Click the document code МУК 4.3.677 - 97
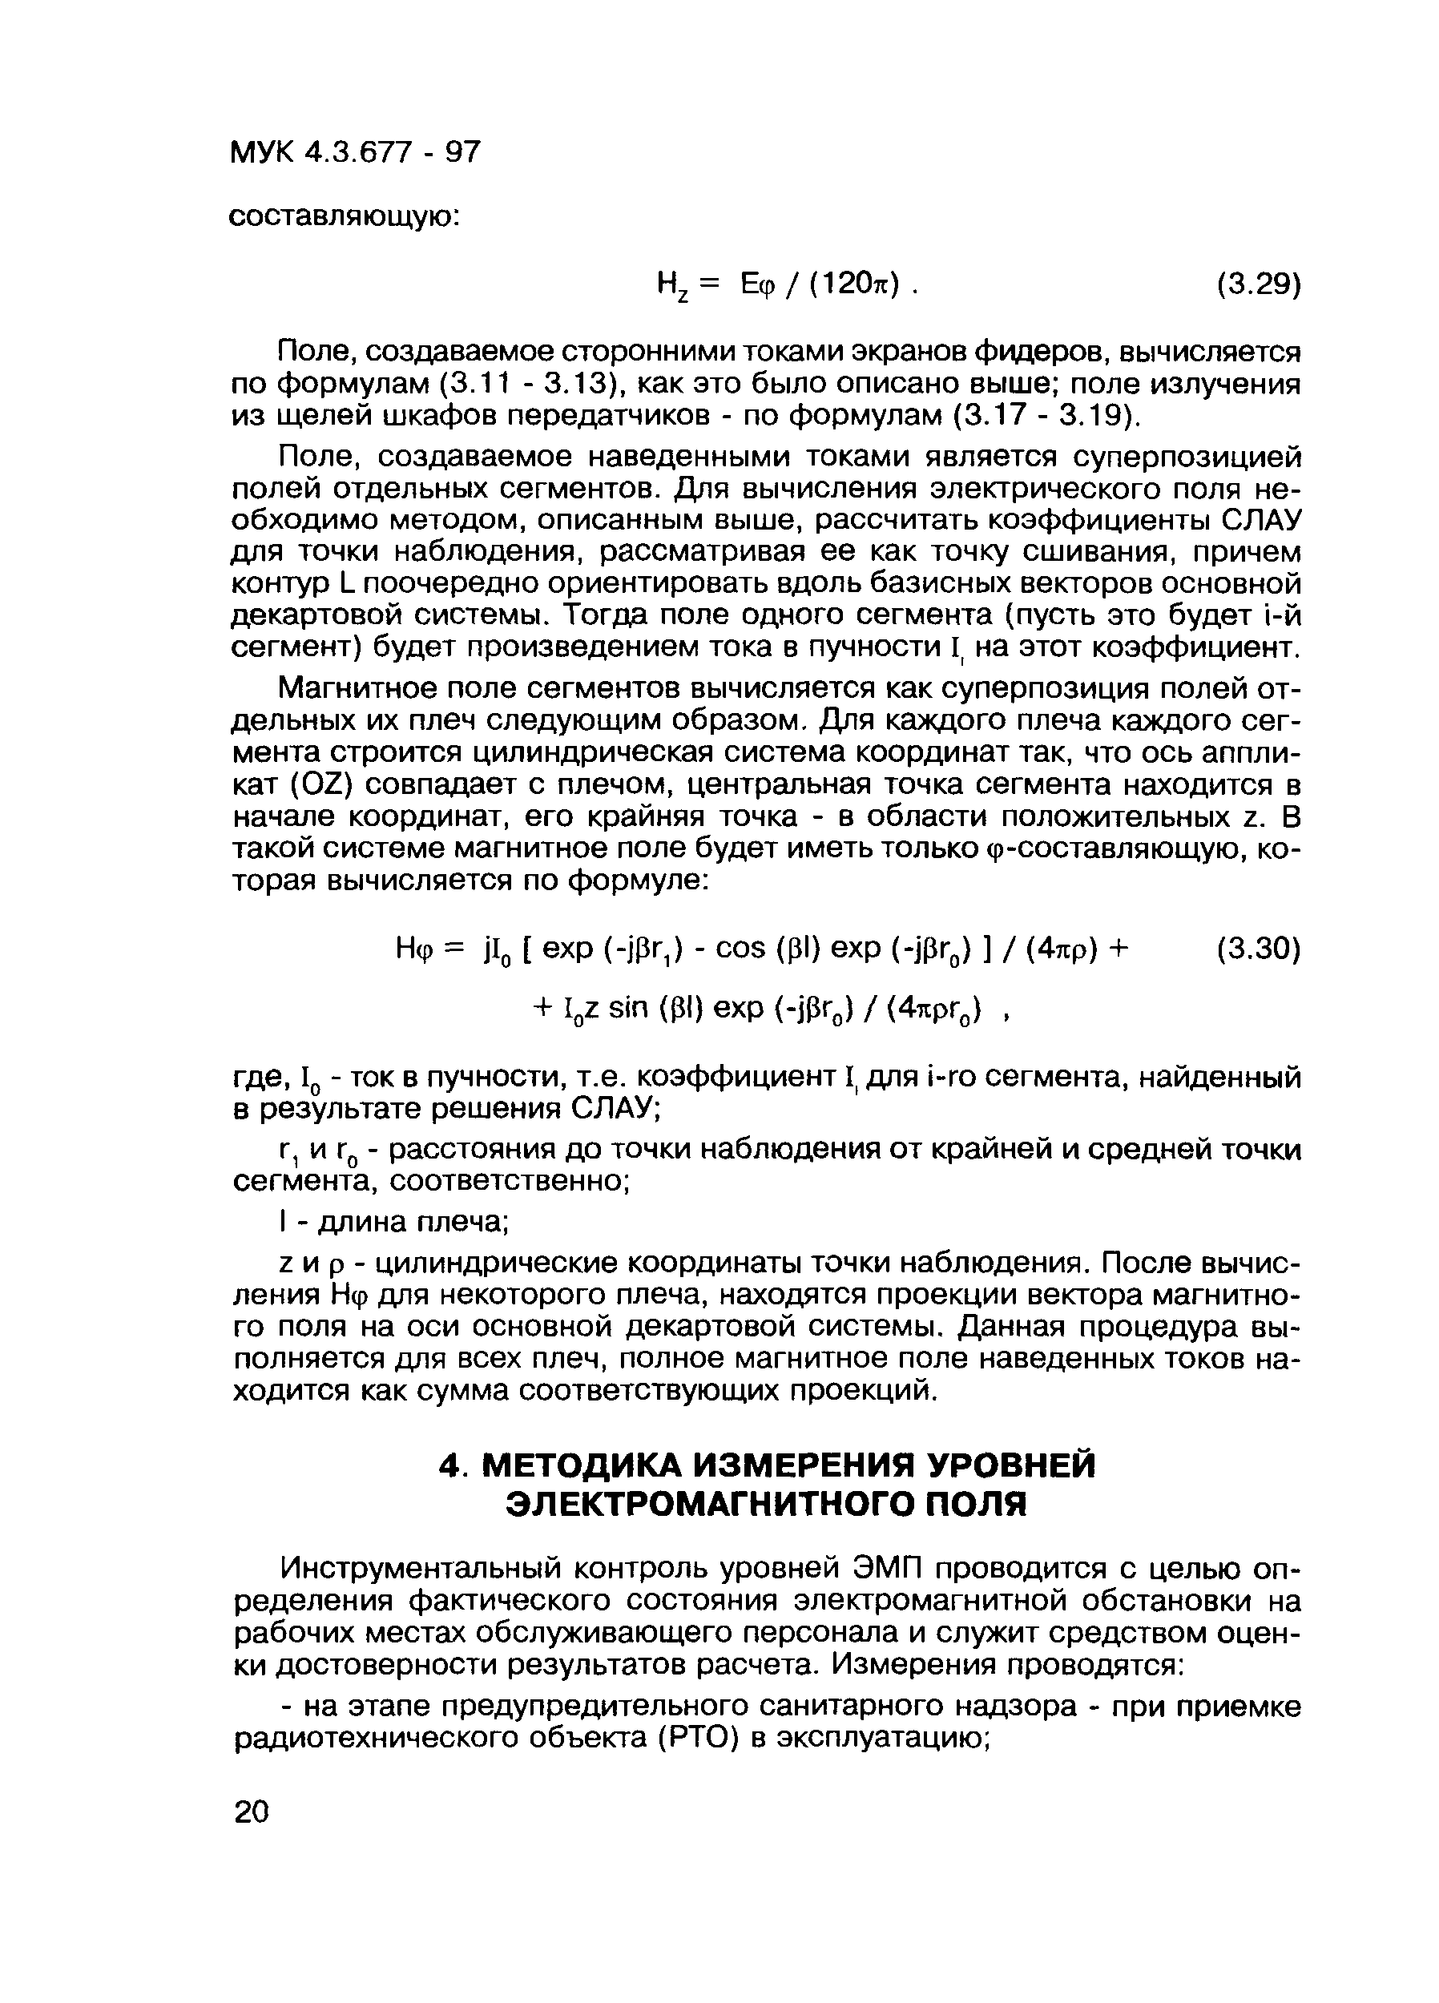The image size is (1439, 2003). point(355,153)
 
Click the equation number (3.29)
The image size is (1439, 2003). point(1258,284)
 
